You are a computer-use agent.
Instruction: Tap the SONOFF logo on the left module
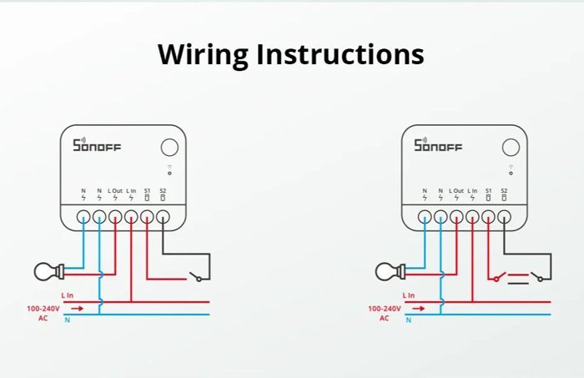click(x=96, y=146)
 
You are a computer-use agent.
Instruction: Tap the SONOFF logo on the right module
click(x=437, y=146)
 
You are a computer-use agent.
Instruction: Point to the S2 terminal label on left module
click(x=163, y=191)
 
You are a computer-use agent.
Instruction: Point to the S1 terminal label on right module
click(x=488, y=191)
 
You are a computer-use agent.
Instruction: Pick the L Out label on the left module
click(x=115, y=191)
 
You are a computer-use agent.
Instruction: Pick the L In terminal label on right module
click(x=472, y=191)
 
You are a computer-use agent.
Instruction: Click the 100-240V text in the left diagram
click(x=43, y=308)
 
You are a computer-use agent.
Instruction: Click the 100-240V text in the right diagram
click(x=385, y=308)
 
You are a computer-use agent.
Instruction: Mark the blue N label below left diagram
click(x=67, y=320)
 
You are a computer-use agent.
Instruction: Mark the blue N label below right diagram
click(x=409, y=320)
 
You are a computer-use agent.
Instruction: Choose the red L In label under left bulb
click(x=68, y=295)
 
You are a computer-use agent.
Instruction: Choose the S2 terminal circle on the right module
click(x=504, y=217)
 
